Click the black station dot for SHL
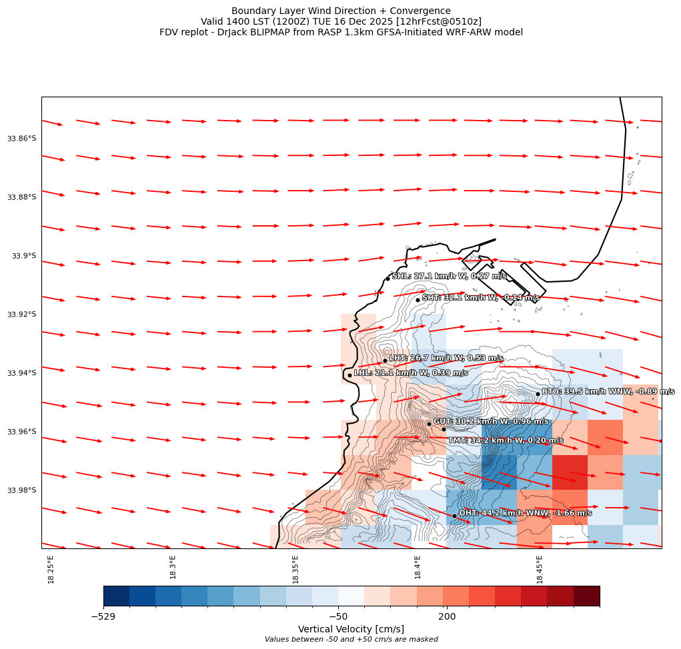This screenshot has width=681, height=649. (388, 279)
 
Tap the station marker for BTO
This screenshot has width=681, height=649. (538, 394)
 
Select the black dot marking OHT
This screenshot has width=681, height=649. (454, 516)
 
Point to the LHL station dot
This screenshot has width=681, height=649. (350, 375)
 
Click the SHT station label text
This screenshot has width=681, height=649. (480, 298)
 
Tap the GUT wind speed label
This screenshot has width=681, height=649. (491, 421)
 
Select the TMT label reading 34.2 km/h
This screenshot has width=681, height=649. (505, 440)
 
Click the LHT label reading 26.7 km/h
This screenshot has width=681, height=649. (446, 358)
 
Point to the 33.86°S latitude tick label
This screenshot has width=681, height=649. (21, 139)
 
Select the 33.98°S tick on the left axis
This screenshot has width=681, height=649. (21, 490)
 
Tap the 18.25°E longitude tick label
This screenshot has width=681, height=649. (51, 569)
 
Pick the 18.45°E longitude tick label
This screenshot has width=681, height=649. (540, 569)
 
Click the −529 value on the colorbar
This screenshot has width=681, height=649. (103, 617)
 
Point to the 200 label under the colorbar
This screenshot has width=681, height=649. (447, 617)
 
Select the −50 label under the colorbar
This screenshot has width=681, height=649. (338, 617)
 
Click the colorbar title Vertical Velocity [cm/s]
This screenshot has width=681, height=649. (351, 629)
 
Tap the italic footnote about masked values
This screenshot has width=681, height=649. (351, 640)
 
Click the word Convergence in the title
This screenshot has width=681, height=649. (418, 11)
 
